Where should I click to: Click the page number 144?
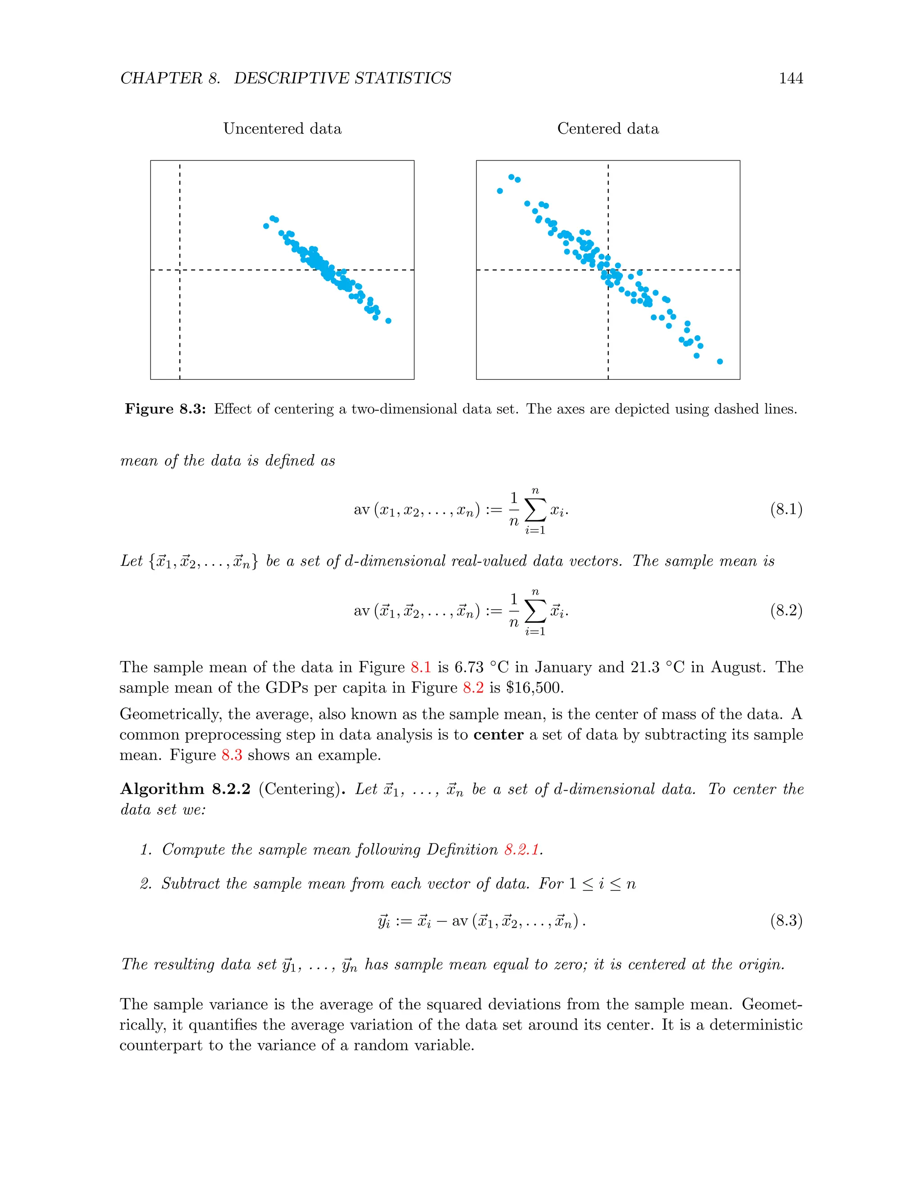click(x=790, y=78)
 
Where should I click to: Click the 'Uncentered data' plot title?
click(x=282, y=128)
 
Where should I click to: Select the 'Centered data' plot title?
click(x=608, y=128)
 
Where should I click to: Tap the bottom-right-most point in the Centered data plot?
click(x=720, y=361)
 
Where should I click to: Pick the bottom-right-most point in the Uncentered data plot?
click(x=388, y=321)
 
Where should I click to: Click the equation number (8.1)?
click(x=786, y=510)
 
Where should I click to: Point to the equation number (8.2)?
click(x=786, y=610)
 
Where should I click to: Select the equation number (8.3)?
click(x=786, y=921)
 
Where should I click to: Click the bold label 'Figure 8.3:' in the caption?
click(x=165, y=409)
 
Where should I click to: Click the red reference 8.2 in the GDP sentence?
click(x=473, y=687)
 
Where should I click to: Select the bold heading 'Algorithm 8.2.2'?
click(x=185, y=789)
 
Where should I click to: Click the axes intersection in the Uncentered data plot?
click(x=180, y=270)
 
